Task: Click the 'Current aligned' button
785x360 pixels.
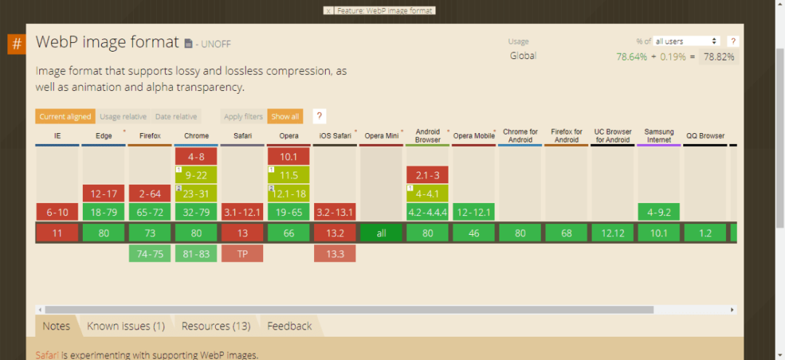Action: click(65, 116)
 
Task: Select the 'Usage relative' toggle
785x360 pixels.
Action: click(123, 116)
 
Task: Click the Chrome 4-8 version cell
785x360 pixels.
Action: click(196, 156)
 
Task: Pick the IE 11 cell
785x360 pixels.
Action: click(57, 233)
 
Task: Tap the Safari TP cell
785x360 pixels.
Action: click(242, 253)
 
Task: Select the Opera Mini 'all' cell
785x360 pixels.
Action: click(381, 233)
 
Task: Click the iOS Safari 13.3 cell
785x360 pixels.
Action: click(335, 253)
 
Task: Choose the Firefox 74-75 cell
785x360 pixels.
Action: click(150, 253)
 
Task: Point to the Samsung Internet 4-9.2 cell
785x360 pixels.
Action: click(659, 212)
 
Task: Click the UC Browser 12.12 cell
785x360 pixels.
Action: click(613, 233)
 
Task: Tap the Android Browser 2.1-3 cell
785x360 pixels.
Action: click(427, 175)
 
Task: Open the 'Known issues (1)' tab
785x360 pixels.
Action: click(126, 326)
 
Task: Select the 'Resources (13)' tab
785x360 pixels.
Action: click(216, 326)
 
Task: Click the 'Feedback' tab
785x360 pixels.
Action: click(289, 326)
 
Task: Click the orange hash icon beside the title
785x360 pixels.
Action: click(17, 44)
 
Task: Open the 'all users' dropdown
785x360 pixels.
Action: click(686, 41)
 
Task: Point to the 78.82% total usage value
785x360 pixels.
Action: click(717, 57)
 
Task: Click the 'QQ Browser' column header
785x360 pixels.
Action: click(705, 136)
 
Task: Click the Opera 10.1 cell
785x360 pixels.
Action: click(289, 156)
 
